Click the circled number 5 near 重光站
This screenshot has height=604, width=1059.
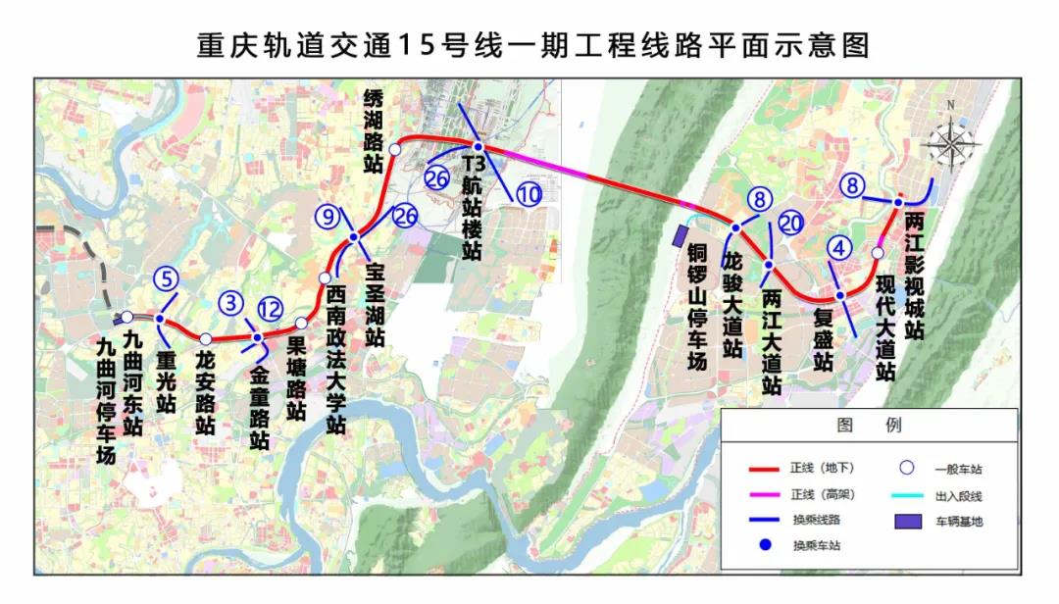click(x=167, y=278)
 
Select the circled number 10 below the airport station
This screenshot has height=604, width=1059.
click(x=529, y=194)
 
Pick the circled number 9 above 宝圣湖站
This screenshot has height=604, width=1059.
click(x=328, y=216)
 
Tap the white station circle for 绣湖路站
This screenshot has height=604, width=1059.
click(x=393, y=149)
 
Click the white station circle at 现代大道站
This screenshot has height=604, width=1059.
click(x=878, y=254)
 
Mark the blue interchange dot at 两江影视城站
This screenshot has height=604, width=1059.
click(x=897, y=202)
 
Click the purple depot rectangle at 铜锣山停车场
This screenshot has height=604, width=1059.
click(x=679, y=235)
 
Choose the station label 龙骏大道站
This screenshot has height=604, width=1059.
click(x=731, y=304)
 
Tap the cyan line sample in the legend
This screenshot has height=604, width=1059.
click(x=904, y=494)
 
